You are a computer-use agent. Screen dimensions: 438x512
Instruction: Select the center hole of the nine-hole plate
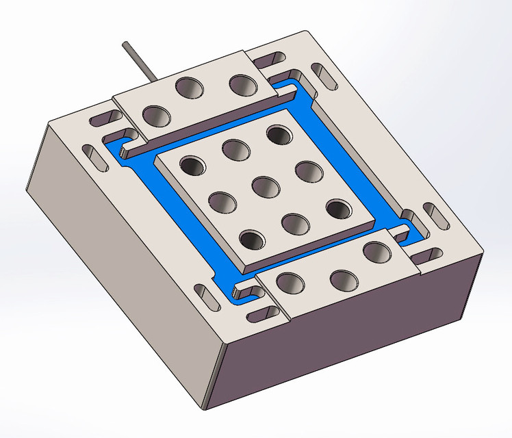[264, 185]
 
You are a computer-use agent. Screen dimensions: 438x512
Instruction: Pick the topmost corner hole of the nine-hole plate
[278, 133]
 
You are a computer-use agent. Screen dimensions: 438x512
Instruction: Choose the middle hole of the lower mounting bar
[344, 279]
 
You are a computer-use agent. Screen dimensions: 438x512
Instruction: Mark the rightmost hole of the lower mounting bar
[376, 252]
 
